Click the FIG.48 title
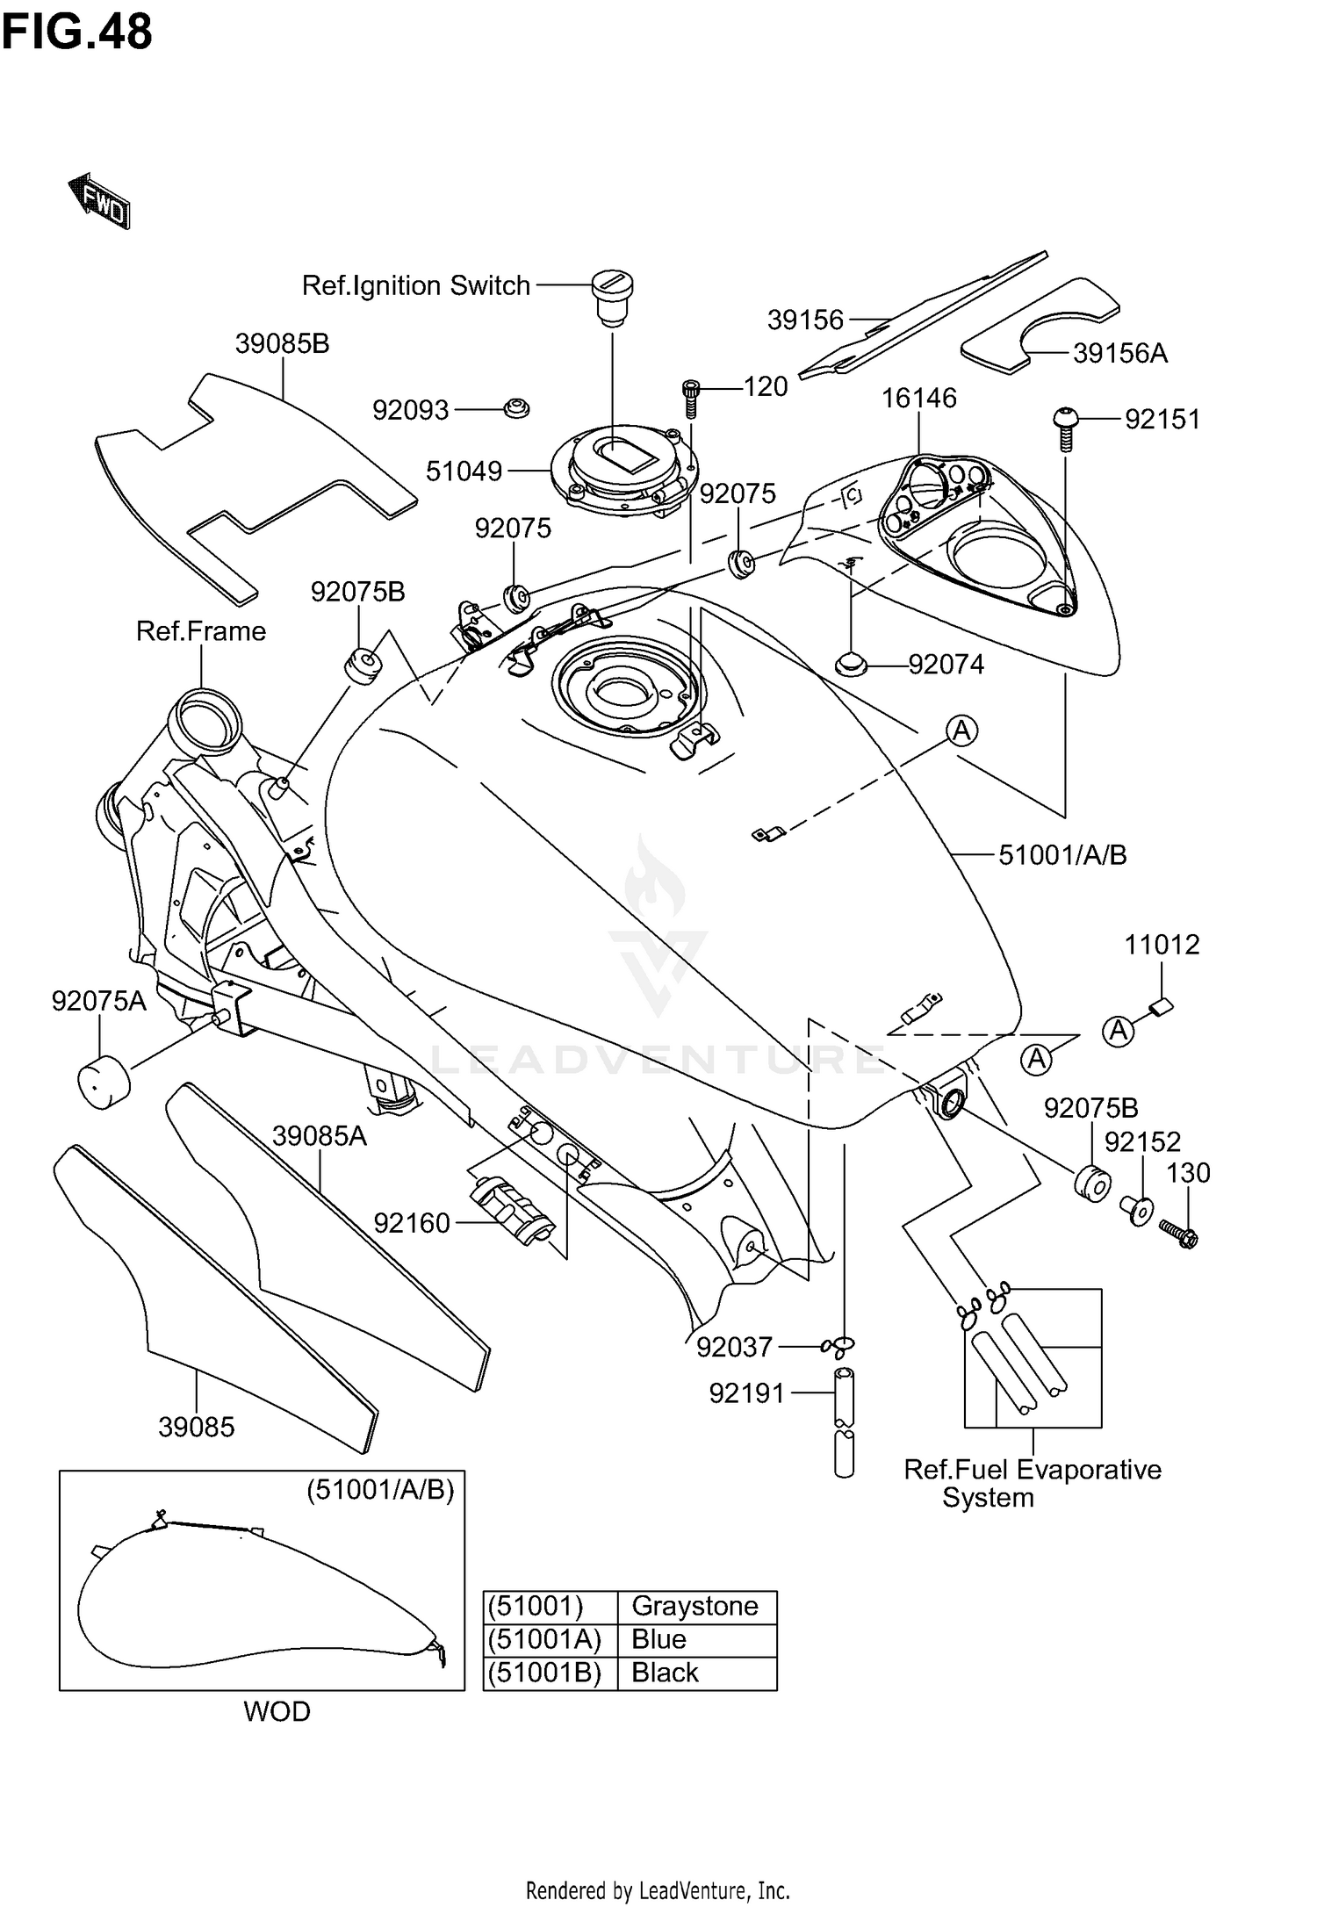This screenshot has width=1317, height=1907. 77,32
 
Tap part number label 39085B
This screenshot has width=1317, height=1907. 282,343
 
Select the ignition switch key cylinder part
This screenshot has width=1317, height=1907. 611,297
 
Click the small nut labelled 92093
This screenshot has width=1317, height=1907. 516,409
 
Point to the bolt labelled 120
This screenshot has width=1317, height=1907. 691,399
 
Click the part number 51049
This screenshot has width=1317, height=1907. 464,471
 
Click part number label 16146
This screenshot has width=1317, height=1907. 918,399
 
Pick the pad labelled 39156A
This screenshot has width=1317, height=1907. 1041,324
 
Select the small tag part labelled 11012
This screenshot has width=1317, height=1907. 1162,1007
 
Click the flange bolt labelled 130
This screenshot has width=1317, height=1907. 1179,1233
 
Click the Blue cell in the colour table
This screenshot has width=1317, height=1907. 658,1639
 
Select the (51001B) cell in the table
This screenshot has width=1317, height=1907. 545,1673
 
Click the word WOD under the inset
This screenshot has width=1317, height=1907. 277,1711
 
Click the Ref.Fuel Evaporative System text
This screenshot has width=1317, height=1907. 1032,1483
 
